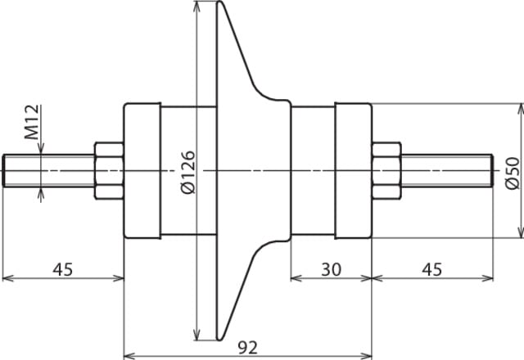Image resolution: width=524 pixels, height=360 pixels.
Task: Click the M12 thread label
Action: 32,122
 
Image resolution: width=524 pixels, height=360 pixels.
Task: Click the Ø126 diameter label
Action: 187,173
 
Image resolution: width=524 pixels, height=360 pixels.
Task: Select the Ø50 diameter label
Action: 513,173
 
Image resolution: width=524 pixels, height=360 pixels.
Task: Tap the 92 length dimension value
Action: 248,348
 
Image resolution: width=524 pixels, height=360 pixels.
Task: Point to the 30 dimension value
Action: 331,269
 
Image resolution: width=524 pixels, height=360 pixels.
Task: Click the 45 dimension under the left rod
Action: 62,269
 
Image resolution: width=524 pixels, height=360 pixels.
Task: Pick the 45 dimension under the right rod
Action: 431,269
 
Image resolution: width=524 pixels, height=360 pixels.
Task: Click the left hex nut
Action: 109,171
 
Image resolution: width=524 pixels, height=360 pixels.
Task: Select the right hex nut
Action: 386,171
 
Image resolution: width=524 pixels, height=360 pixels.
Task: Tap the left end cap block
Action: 142,171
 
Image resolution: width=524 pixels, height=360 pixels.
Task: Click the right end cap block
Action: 353,171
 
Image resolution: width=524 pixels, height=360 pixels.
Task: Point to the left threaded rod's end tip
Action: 3,171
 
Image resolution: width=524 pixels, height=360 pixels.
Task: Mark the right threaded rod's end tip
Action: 492,171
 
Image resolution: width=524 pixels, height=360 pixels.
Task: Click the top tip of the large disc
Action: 219,2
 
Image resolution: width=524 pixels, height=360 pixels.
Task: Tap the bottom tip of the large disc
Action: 219,340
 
